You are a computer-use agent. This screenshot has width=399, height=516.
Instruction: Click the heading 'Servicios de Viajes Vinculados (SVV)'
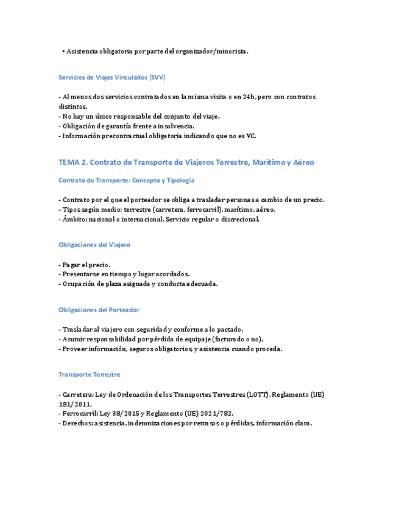(x=111, y=78)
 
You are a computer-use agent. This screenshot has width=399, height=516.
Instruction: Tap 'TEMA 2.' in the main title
(x=74, y=162)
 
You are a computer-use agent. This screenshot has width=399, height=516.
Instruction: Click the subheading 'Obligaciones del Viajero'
(x=94, y=245)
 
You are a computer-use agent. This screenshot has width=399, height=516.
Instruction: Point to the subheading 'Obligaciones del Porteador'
(x=99, y=310)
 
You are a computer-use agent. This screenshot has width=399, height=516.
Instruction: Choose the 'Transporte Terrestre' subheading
(x=89, y=374)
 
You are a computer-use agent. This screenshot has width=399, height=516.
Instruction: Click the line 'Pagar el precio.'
(x=86, y=265)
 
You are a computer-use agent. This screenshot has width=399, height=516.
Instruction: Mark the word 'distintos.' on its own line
(x=73, y=106)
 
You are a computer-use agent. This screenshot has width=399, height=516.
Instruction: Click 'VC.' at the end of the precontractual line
(x=251, y=136)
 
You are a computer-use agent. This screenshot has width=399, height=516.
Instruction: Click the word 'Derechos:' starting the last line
(x=76, y=424)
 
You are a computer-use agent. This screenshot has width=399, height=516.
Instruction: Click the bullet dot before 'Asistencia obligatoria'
(x=63, y=52)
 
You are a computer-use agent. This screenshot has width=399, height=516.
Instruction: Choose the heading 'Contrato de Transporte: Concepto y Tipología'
(x=126, y=180)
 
